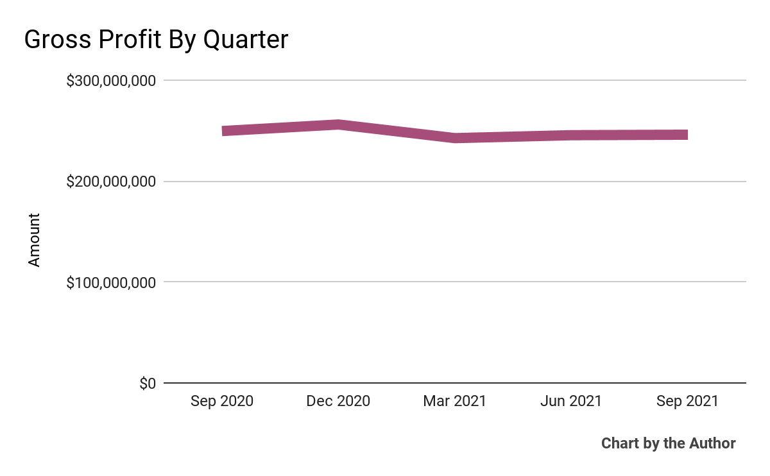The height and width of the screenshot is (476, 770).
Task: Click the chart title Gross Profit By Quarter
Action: click(156, 40)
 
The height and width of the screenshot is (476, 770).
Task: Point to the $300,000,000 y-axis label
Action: click(111, 81)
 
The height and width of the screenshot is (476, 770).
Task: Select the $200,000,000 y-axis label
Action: click(111, 182)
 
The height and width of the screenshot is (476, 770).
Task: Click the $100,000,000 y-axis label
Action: click(111, 282)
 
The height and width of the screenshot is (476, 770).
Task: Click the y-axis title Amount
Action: click(34, 241)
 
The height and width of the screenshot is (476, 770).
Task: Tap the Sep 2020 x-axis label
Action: click(222, 402)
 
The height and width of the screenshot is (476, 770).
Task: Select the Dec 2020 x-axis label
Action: click(338, 402)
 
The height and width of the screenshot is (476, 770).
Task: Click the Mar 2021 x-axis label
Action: click(454, 402)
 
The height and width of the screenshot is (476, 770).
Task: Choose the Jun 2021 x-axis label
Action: click(571, 402)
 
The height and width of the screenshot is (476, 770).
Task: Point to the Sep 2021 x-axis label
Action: click(687, 402)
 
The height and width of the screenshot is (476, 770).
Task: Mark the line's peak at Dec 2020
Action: click(338, 124)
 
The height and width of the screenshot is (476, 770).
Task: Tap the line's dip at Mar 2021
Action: click(454, 138)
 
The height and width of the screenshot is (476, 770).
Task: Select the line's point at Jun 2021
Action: click(571, 135)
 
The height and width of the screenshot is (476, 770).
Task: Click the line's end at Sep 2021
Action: click(687, 135)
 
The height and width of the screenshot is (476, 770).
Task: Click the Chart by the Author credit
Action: click(668, 443)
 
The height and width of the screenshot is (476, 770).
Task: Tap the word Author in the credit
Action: click(712, 443)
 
